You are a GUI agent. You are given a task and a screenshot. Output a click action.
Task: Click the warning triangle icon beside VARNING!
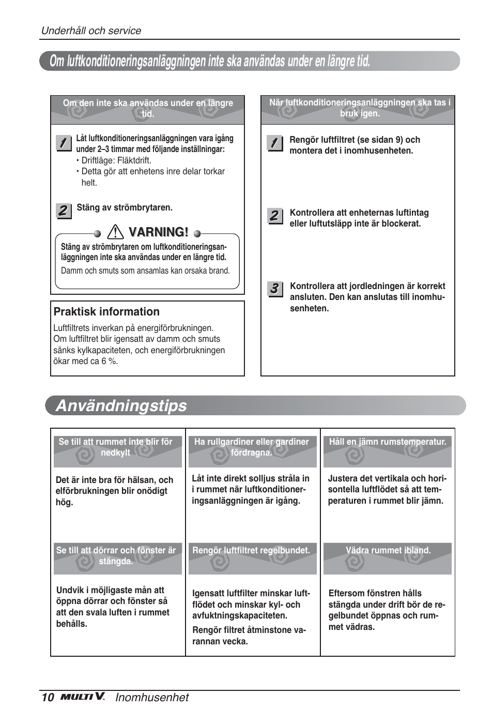pos(116,232)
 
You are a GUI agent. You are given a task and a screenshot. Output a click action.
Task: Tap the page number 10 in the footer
pos(48,697)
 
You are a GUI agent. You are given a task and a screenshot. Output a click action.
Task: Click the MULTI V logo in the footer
pos(83,697)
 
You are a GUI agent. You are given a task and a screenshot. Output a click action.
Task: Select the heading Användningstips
pos(121,405)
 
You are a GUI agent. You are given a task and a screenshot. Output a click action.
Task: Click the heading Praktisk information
pos(106,311)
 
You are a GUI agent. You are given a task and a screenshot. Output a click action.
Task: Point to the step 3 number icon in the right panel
pos(274,289)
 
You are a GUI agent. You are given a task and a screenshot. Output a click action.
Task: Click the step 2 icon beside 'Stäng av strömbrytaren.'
pos(63,210)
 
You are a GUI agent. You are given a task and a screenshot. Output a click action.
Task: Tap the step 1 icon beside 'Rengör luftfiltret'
pos(274,143)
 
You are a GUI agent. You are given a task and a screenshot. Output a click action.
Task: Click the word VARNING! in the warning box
pos(158,232)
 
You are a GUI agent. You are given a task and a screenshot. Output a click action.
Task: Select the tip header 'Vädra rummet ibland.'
pos(388,550)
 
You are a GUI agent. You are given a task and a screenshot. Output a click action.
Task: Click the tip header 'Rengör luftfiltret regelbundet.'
pos(251,550)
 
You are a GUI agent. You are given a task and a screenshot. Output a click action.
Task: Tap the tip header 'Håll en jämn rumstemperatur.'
pos(388,442)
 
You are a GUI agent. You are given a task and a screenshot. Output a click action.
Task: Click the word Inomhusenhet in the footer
pos(152,697)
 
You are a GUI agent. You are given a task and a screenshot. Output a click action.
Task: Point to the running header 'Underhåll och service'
pos(91,31)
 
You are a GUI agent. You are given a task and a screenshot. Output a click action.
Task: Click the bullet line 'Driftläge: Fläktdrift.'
pos(116,160)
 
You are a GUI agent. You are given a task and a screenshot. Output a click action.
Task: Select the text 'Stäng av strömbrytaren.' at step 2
pos(125,207)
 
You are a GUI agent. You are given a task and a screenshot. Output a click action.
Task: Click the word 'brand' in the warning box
pos(218,270)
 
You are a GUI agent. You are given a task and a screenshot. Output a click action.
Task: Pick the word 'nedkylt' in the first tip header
pos(116,452)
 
